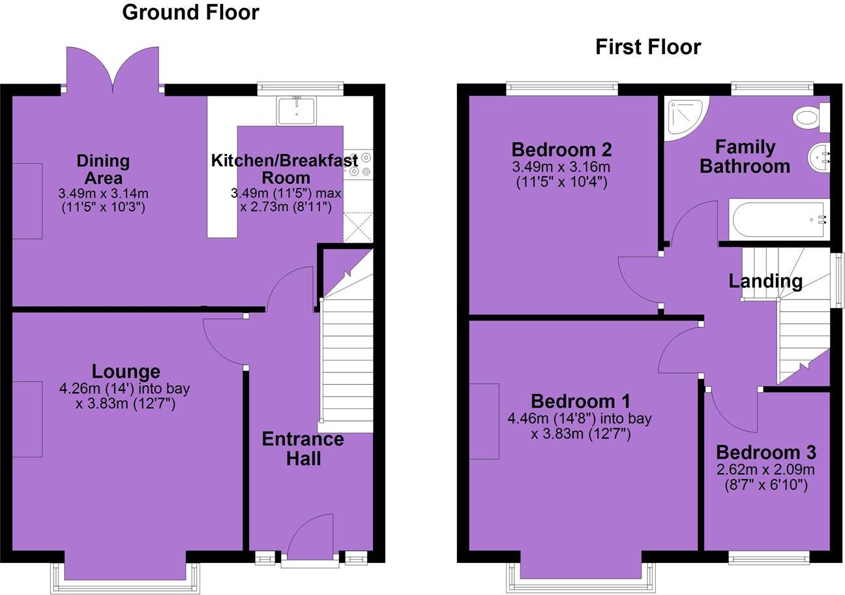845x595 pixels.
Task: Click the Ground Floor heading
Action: tap(190, 12)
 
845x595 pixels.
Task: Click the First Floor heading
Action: tap(647, 47)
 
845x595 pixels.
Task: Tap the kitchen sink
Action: tap(296, 110)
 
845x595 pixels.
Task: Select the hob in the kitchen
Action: tap(358, 164)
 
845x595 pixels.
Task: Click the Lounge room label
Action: tap(126, 371)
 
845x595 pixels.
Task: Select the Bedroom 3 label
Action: tap(765, 452)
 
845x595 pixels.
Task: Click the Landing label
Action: tap(765, 281)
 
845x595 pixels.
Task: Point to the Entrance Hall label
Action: tap(303, 448)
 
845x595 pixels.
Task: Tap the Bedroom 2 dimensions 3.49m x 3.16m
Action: tap(561, 167)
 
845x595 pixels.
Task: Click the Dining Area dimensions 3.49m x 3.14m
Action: tap(103, 194)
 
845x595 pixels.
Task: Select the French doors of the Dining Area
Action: tap(113, 69)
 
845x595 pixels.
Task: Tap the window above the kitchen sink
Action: tap(300, 87)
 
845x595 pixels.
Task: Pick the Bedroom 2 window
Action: tap(562, 87)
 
